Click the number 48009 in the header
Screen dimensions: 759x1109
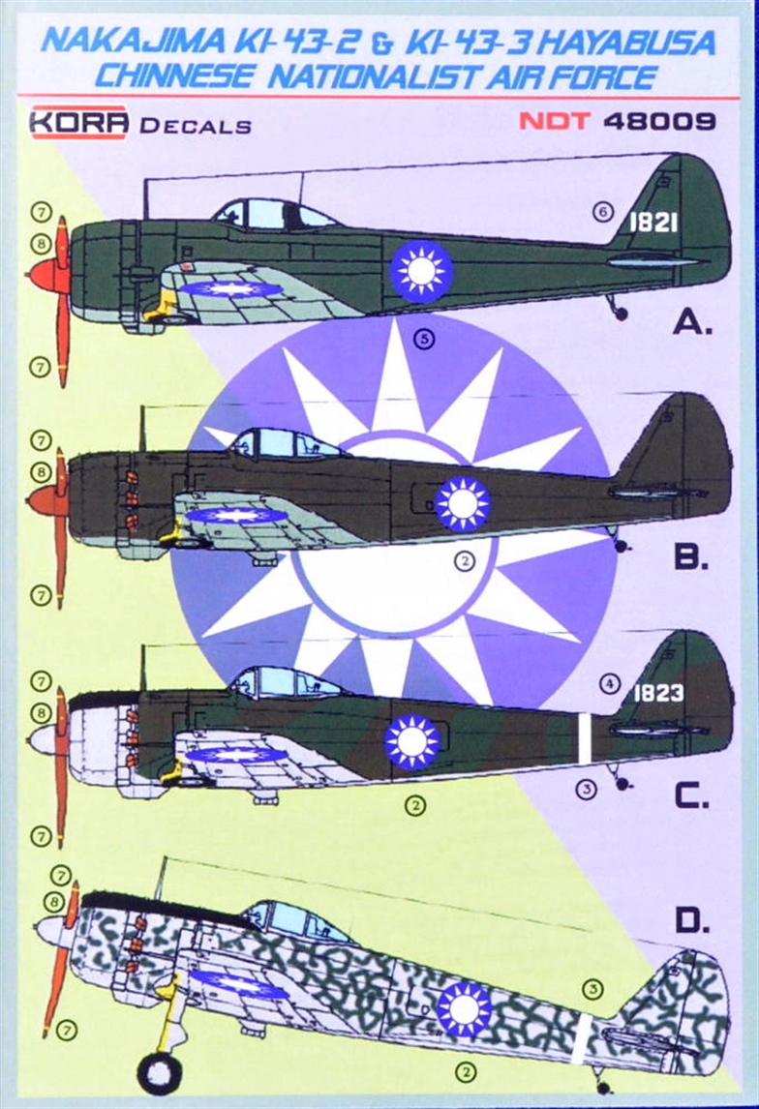point(660,121)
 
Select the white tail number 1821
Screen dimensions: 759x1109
point(653,223)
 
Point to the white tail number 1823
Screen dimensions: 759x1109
point(658,693)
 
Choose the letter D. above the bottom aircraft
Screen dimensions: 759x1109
point(692,921)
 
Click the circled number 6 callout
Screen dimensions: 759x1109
point(603,212)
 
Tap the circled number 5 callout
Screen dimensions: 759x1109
point(424,339)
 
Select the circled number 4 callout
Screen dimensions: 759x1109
point(609,684)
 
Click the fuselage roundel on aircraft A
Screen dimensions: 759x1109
point(421,271)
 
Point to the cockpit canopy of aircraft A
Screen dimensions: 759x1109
point(274,214)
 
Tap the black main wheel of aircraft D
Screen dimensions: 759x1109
point(161,1073)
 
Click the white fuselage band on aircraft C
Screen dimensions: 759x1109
point(585,738)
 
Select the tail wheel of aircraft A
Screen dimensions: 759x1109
point(622,314)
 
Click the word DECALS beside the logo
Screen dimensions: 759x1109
point(196,127)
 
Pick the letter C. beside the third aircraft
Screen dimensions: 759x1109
point(691,796)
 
